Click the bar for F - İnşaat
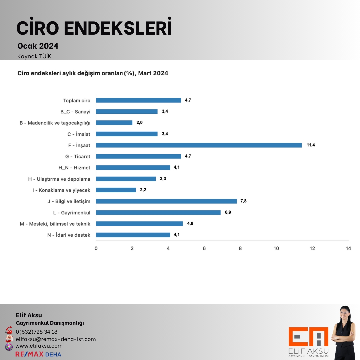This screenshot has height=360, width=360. [x=199, y=145]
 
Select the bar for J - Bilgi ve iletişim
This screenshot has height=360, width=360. [x=166, y=201]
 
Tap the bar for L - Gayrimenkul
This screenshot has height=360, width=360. [x=158, y=212]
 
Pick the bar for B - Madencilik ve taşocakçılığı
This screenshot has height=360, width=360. [x=114, y=123]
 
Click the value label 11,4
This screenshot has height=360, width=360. [x=311, y=145]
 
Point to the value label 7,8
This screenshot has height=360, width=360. [x=243, y=201]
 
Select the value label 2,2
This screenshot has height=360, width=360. [x=142, y=190]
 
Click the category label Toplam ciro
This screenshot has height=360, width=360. [x=77, y=100]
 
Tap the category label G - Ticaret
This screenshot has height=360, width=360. [x=78, y=156]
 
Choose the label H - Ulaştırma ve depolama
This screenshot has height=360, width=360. [x=59, y=179]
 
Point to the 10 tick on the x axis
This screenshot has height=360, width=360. [x=276, y=248]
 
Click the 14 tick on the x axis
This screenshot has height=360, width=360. [x=348, y=248]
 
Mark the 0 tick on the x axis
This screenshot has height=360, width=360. [x=96, y=248]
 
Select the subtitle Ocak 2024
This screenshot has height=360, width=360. [x=38, y=46]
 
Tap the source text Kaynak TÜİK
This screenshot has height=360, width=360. [x=34, y=56]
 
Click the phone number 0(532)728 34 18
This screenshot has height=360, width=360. [x=37, y=332]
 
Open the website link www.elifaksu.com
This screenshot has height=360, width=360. [x=39, y=346]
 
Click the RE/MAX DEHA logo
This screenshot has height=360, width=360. [x=38, y=354]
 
